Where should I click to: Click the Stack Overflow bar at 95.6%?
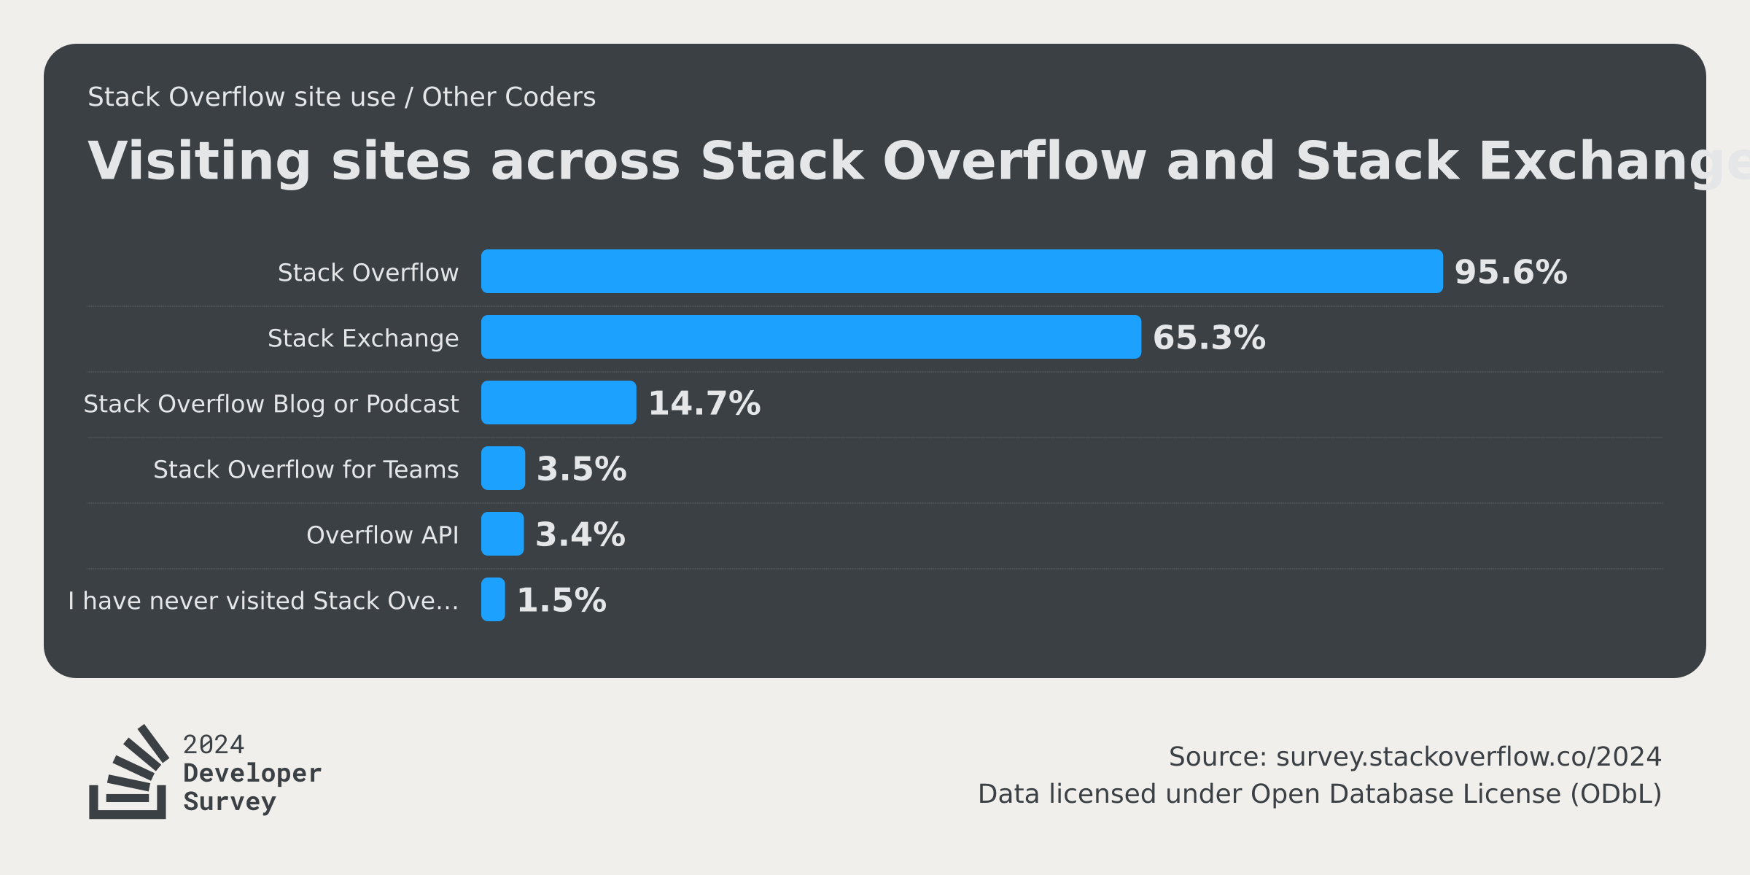pyautogui.click(x=961, y=271)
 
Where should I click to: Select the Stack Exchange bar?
pyautogui.click(x=811, y=337)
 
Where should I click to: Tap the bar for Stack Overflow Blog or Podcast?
pyautogui.click(x=559, y=402)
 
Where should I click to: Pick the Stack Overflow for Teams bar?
pyautogui.click(x=503, y=468)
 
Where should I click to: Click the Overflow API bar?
pyautogui.click(x=502, y=534)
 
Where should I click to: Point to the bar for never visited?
pyautogui.click(x=493, y=599)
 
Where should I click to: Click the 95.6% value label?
pyautogui.click(x=1510, y=272)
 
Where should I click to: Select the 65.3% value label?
pyautogui.click(x=1208, y=338)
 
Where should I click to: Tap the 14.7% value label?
pyautogui.click(x=704, y=403)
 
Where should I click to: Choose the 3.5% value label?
pyautogui.click(x=581, y=469)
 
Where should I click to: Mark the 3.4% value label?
pyautogui.click(x=580, y=534)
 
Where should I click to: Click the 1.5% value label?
pyautogui.click(x=561, y=600)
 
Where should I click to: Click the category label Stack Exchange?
pyautogui.click(x=363, y=338)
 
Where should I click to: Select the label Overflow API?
pyautogui.click(x=382, y=535)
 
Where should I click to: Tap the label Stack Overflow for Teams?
pyautogui.click(x=306, y=470)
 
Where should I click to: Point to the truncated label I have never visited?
pyautogui.click(x=263, y=601)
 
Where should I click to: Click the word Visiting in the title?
pyautogui.click(x=198, y=161)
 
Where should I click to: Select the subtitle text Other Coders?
pyautogui.click(x=508, y=97)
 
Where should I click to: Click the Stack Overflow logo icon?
pyautogui.click(x=128, y=773)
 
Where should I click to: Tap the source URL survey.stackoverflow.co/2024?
pyautogui.click(x=1468, y=757)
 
